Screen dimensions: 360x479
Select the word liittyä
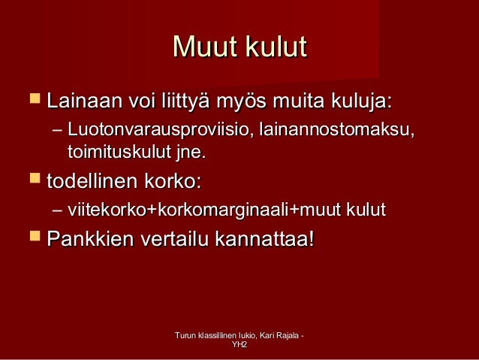coord(182,100)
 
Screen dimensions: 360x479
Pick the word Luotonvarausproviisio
coord(158,131)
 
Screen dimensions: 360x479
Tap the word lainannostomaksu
coord(335,131)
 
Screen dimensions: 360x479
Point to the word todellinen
coord(98,181)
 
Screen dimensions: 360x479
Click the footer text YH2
coord(239,345)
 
